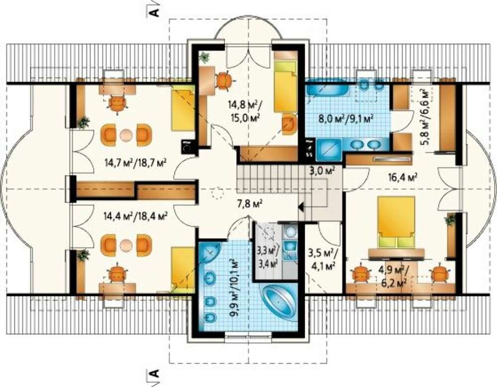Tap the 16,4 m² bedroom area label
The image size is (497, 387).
[x=403, y=177]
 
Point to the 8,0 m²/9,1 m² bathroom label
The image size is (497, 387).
[x=346, y=119]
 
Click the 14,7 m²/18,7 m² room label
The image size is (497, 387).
[x=136, y=163]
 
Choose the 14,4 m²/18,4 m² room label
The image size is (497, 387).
[x=135, y=216]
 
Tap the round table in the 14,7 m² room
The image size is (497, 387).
[x=126, y=134]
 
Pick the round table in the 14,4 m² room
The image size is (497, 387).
[x=126, y=245]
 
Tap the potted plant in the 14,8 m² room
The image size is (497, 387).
[x=204, y=57]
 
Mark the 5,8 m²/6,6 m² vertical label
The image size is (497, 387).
[x=426, y=117]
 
